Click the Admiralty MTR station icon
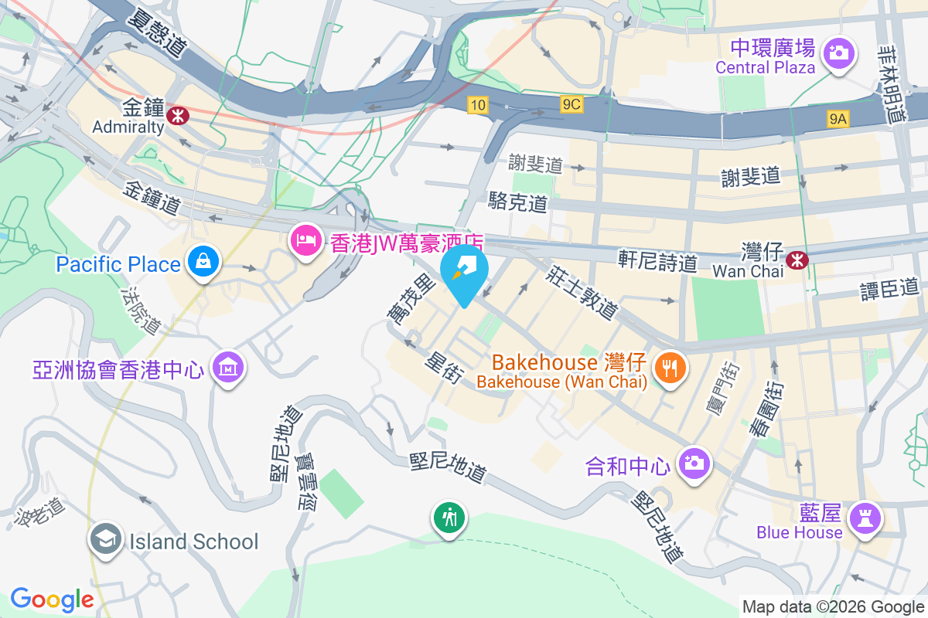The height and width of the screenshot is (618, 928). coord(178,117)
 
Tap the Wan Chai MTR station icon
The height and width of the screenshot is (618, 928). coord(795,260)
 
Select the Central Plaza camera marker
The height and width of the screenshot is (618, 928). coord(837,53)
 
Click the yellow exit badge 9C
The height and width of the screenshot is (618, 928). coord(571,104)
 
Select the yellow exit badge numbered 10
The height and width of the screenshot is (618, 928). coord(477,104)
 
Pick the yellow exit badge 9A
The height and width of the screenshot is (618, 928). coord(838,118)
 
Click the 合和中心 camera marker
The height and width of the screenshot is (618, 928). coord(694,463)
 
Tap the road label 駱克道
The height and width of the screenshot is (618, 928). coord(518,203)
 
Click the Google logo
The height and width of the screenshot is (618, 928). coord(52,599)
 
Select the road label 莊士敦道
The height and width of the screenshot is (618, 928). coord(582,292)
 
